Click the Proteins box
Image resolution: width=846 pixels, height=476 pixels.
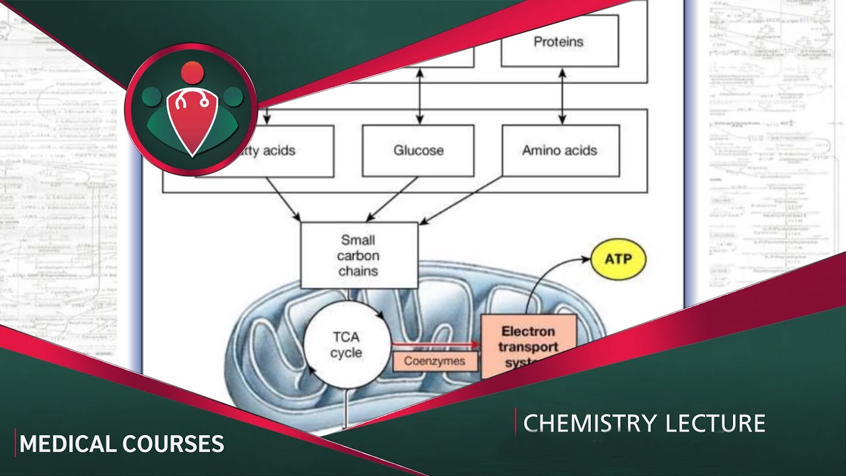point(559,41)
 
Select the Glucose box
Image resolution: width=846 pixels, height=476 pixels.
point(418,151)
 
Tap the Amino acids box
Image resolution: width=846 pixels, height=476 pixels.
point(560,151)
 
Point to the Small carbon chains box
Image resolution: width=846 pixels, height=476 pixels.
point(359,255)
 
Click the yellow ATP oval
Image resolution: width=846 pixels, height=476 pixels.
point(618,258)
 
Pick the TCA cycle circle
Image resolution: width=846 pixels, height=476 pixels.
point(346,344)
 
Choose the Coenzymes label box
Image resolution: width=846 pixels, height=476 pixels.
point(435,361)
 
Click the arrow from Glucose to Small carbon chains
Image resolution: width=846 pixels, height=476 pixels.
point(391,199)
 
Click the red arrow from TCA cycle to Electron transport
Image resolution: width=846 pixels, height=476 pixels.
point(434,344)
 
